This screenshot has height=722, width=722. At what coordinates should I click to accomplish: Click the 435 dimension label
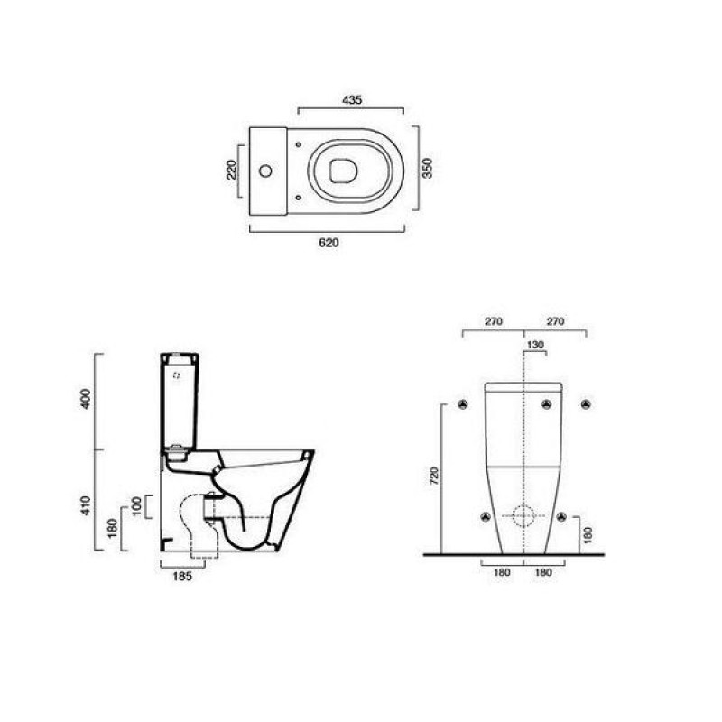coord(352,99)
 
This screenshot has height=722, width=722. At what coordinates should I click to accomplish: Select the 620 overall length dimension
coord(329,243)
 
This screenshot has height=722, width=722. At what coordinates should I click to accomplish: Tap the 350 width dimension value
coord(428,168)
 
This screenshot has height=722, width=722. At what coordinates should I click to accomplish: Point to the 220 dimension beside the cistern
coord(231,170)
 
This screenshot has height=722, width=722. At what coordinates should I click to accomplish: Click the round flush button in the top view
coord(265,171)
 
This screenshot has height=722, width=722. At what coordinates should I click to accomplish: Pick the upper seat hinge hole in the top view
coord(299,144)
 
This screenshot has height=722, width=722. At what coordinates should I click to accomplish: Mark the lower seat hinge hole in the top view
coord(299,197)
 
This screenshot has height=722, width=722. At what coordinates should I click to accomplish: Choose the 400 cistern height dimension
coord(86,399)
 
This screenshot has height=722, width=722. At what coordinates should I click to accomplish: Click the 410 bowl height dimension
coord(86,505)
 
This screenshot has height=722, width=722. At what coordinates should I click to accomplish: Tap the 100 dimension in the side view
coord(137,506)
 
